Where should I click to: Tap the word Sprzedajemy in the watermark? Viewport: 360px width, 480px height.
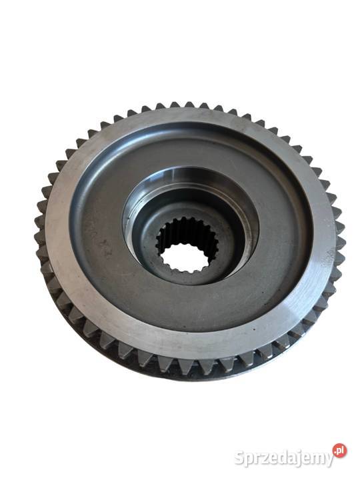[284, 458]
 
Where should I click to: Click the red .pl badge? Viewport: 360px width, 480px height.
[339, 450]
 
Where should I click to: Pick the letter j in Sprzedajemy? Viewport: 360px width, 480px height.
[302, 459]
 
